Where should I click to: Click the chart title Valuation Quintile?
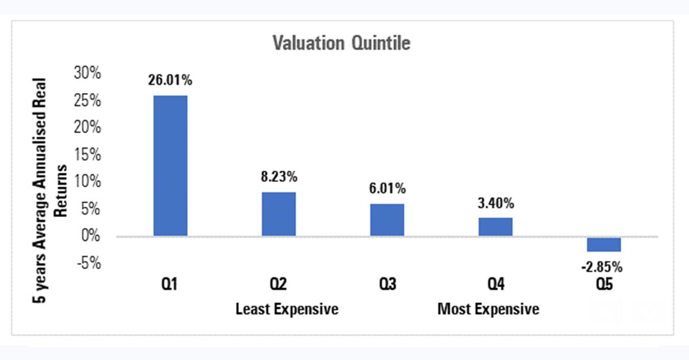(342, 43)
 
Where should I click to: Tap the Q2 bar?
(278, 214)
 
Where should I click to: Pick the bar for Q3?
(387, 220)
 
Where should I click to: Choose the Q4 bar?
(496, 227)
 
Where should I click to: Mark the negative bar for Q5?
(603, 244)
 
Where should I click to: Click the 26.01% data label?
(170, 80)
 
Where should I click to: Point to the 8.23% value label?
(278, 177)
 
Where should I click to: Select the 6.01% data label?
(387, 188)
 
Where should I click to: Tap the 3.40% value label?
(496, 203)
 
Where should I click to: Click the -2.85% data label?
(602, 267)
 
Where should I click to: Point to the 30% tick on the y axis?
(88, 73)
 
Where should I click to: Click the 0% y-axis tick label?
(91, 236)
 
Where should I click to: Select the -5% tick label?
(88, 264)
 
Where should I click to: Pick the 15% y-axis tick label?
(88, 155)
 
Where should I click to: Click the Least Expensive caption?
(287, 309)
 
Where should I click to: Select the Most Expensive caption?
(489, 309)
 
